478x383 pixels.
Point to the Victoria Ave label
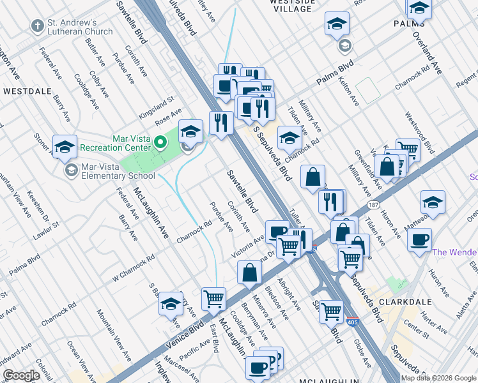248,246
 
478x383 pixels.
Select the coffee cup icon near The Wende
419,241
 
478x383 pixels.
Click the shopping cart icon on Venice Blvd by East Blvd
213,297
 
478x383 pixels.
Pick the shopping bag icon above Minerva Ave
249,273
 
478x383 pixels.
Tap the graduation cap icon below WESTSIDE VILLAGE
337,24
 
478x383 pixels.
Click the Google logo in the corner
21,375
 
